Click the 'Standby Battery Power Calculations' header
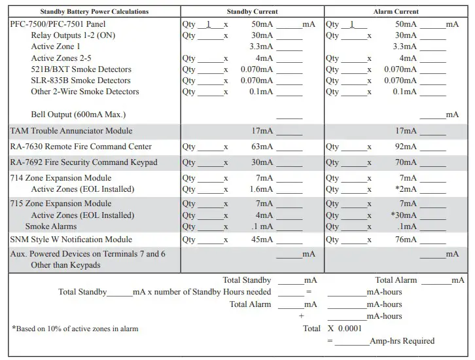(x=94, y=12)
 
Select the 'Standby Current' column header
(x=252, y=12)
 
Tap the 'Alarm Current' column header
(x=396, y=12)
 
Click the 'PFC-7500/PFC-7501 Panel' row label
(x=56, y=24)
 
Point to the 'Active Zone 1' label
(x=56, y=47)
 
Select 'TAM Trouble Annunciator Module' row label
(x=71, y=131)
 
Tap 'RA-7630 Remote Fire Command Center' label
(x=81, y=147)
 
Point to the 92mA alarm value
(x=405, y=147)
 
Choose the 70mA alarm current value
(x=405, y=162)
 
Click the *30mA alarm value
(x=403, y=215)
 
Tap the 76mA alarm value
(x=405, y=240)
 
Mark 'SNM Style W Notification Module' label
(x=71, y=240)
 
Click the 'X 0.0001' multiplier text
(x=344, y=329)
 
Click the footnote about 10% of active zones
(x=75, y=329)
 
